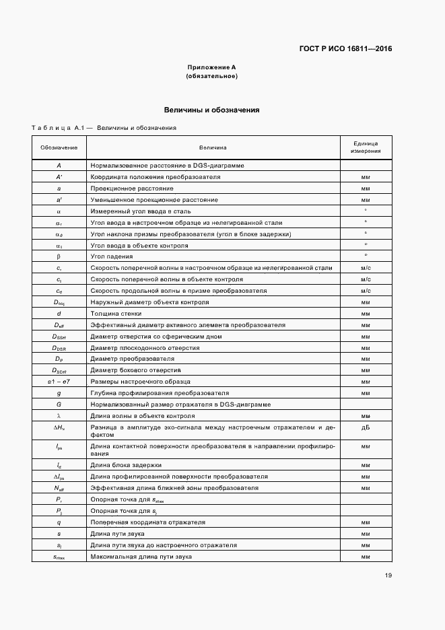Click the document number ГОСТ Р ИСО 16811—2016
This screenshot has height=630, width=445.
click(x=345, y=49)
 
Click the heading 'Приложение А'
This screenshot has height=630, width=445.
click(x=211, y=67)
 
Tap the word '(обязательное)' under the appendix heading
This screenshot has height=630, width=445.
click(x=211, y=76)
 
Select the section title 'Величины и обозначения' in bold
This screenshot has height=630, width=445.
click(x=212, y=110)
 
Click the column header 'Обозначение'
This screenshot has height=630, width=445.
click(x=59, y=147)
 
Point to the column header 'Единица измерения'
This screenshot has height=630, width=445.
click(x=366, y=147)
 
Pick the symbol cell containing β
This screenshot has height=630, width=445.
click(x=59, y=256)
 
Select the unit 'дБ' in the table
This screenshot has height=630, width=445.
click(x=366, y=427)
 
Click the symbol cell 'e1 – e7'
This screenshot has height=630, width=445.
click(x=59, y=382)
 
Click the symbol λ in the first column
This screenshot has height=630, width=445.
click(x=59, y=416)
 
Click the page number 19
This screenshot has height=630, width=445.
click(x=388, y=575)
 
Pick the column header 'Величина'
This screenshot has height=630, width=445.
click(x=212, y=147)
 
